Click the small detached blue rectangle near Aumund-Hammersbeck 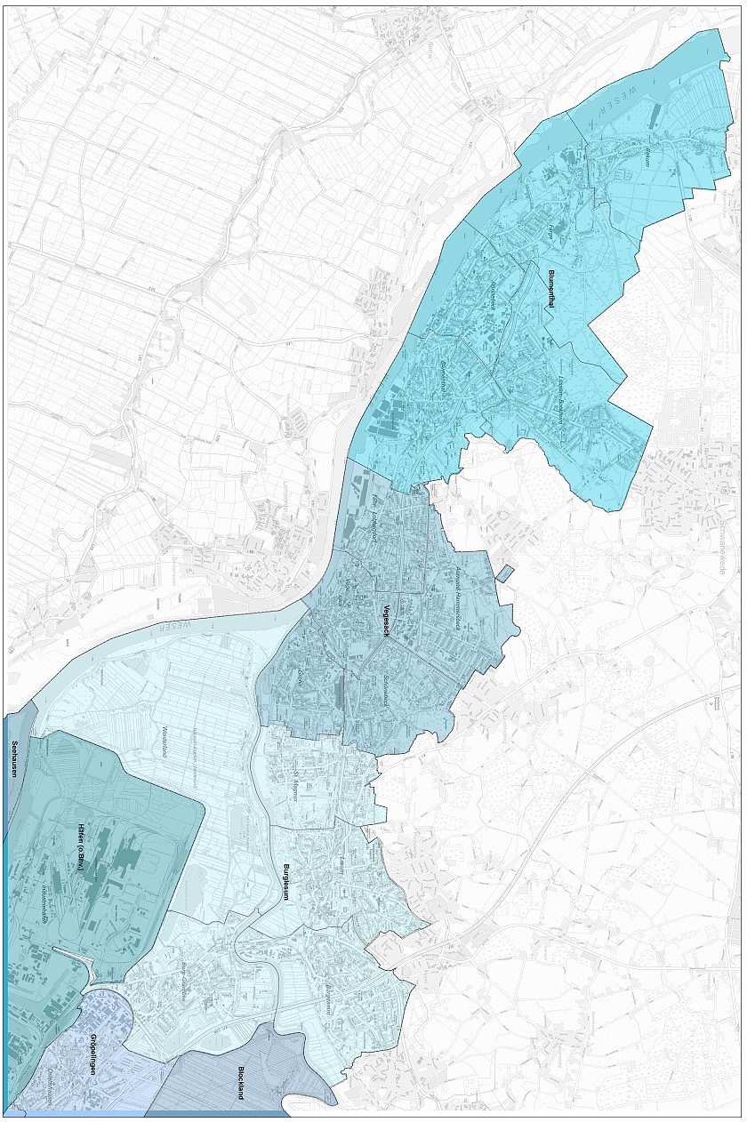click(x=504, y=573)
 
